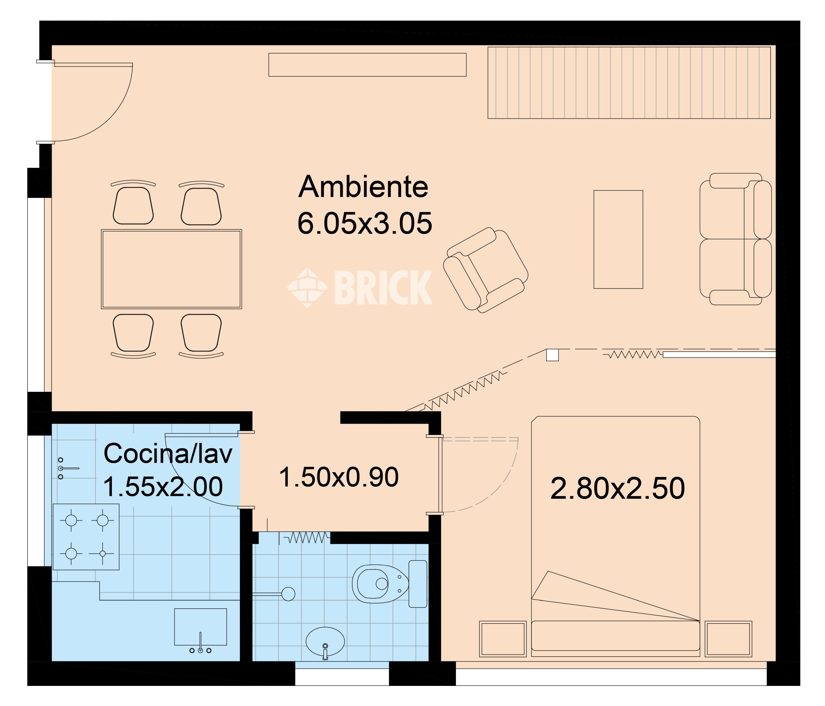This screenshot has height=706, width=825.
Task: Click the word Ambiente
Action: click(363, 187)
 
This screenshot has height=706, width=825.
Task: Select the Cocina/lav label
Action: click(168, 453)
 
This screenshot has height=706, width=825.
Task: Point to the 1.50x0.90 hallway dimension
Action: click(339, 477)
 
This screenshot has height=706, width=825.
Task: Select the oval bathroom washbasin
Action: click(325, 641)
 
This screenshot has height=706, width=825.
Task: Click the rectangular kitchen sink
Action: click(200, 627)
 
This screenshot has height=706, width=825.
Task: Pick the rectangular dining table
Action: click(171, 269)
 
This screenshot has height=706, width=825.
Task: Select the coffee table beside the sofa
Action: click(618, 239)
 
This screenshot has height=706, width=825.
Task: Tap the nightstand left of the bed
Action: click(502, 639)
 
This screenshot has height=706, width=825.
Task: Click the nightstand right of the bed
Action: click(728, 639)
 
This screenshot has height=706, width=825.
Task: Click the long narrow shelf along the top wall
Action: click(367, 65)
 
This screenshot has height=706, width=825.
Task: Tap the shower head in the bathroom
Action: click(288, 594)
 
